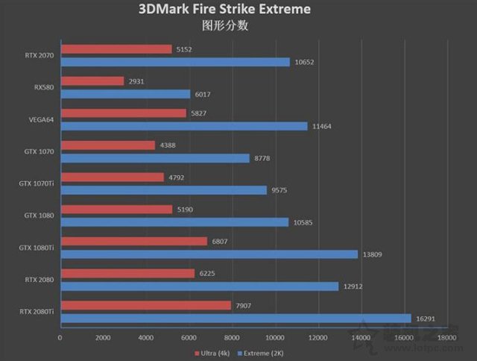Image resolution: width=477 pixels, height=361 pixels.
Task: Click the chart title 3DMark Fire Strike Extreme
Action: click(x=224, y=10)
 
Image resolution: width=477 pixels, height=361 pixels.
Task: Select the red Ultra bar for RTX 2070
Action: click(x=116, y=49)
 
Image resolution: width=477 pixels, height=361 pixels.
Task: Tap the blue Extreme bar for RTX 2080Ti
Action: click(x=236, y=318)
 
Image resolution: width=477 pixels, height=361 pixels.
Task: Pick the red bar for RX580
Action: click(x=92, y=81)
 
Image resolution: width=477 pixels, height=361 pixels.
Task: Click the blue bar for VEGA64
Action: click(x=183, y=126)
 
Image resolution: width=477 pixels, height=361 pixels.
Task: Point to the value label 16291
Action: click(x=426, y=318)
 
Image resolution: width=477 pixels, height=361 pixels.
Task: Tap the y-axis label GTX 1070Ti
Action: click(x=37, y=183)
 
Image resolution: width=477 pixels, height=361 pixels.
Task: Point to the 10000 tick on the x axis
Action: click(x=276, y=337)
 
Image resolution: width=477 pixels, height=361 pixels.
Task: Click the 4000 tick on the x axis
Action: click(x=146, y=337)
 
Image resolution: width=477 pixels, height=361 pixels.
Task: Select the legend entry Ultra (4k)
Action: click(x=213, y=351)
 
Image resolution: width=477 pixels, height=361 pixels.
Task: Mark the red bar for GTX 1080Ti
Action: click(x=133, y=241)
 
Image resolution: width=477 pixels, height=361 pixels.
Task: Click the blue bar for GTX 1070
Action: click(x=154, y=158)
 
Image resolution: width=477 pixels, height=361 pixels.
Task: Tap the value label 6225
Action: click(x=209, y=273)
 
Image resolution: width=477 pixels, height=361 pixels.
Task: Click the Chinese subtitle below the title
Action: click(x=224, y=25)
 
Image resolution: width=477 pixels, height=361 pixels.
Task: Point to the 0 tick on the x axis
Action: click(x=60, y=337)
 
